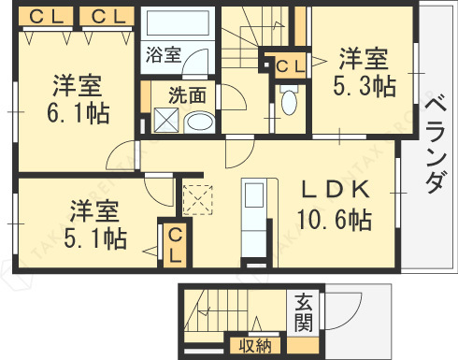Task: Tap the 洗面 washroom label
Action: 187,94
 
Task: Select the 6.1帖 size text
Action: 77,114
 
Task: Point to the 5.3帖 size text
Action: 365,86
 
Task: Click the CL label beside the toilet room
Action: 288,65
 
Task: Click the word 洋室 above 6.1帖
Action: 77,87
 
